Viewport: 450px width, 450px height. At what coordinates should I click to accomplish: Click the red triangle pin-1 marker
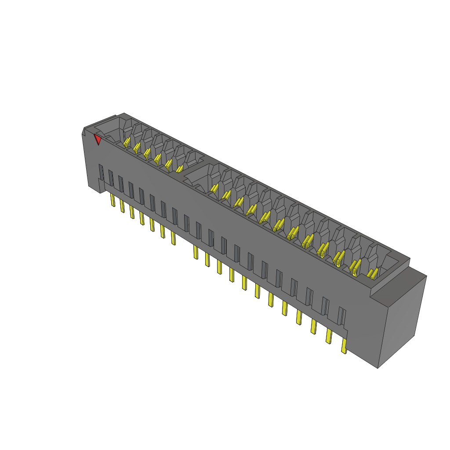click(98, 139)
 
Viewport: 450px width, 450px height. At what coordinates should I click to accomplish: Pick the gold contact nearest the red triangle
click(127, 142)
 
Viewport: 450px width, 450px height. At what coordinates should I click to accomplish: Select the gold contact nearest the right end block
click(372, 274)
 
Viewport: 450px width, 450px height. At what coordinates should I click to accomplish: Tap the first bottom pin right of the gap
click(196, 252)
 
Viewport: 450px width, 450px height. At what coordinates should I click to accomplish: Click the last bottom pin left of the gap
click(173, 238)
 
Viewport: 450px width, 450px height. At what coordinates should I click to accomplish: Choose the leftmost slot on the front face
click(101, 172)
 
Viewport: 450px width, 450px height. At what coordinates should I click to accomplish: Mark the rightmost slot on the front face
click(341, 316)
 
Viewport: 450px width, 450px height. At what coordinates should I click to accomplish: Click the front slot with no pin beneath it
click(187, 223)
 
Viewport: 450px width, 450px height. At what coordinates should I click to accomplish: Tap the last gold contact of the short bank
click(179, 168)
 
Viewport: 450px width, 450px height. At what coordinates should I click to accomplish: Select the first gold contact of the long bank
click(214, 188)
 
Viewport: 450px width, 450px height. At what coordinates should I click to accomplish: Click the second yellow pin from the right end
click(328, 336)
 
